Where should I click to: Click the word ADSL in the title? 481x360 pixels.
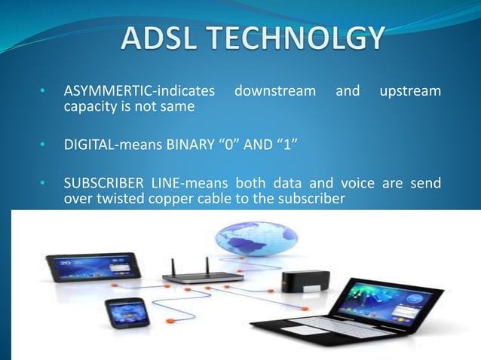pyautogui.click(x=158, y=40)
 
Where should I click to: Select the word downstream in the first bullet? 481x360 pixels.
pyautogui.click(x=275, y=92)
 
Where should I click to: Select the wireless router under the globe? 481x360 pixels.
pyautogui.click(x=203, y=276)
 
